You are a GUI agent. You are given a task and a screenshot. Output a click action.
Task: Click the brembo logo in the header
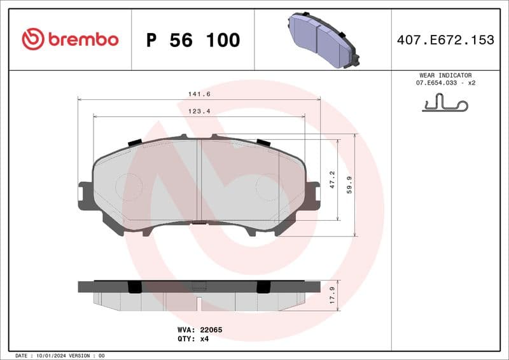70,39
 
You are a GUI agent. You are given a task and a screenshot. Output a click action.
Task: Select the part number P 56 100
193,40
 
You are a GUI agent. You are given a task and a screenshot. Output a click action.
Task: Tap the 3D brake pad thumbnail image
321,39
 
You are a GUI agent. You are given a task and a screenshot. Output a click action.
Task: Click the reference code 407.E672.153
445,40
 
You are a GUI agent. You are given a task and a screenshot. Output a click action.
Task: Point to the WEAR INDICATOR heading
445,75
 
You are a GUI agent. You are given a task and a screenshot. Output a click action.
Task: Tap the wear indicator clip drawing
445,103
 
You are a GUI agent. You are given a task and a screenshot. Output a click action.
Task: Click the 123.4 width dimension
199,111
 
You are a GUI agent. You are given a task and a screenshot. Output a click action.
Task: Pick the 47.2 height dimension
332,178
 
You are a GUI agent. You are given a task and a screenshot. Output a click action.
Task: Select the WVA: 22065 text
199,330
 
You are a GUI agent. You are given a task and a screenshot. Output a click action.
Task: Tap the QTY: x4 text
193,339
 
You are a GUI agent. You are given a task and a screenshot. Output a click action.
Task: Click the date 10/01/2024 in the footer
49,356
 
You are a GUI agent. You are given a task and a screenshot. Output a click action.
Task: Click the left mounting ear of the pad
85,197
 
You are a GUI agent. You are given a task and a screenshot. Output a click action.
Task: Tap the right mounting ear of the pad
312,196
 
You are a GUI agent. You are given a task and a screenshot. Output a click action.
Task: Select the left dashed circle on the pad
129,186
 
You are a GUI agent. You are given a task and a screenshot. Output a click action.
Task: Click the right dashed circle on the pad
268,186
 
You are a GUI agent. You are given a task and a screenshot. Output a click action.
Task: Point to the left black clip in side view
134,287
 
